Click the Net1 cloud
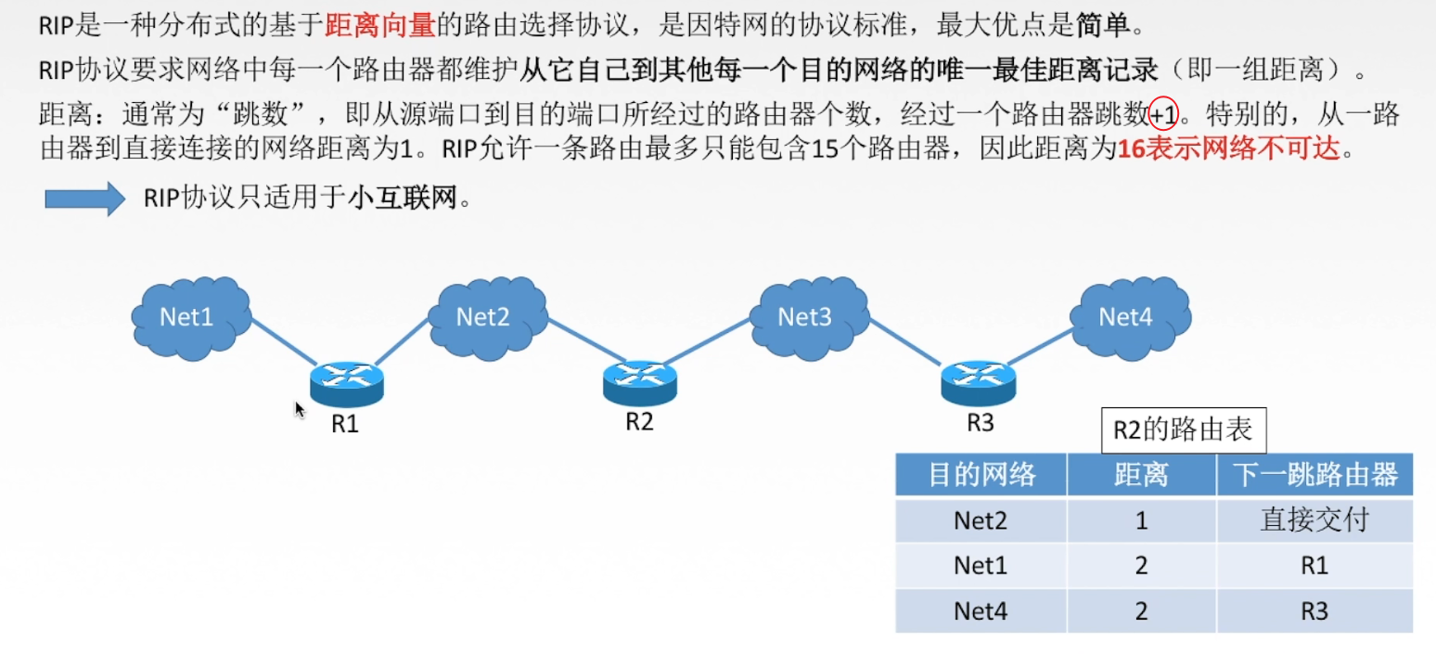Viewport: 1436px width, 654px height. tap(190, 317)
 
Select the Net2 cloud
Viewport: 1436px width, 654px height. tap(485, 317)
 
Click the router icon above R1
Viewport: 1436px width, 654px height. tap(346, 383)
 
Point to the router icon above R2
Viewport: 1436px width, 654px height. tap(640, 381)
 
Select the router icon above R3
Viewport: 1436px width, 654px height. tap(979, 381)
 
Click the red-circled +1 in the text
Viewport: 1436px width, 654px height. tap(1163, 116)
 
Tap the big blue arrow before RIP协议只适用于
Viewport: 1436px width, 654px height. tap(84, 199)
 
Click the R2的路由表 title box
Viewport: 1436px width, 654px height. tap(1182, 430)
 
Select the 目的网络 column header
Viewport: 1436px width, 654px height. tap(981, 475)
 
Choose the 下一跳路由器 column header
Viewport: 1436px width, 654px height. tap(1314, 475)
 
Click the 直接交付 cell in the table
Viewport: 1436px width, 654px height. tap(1314, 520)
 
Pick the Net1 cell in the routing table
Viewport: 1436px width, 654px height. tap(981, 566)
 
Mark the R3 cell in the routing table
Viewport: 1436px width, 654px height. tap(1314, 611)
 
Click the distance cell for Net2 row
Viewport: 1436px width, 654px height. tap(1141, 520)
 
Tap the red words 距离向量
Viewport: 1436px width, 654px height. tap(380, 25)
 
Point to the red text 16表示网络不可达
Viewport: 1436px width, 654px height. tap(1230, 148)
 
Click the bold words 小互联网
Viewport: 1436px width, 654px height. tap(404, 199)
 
